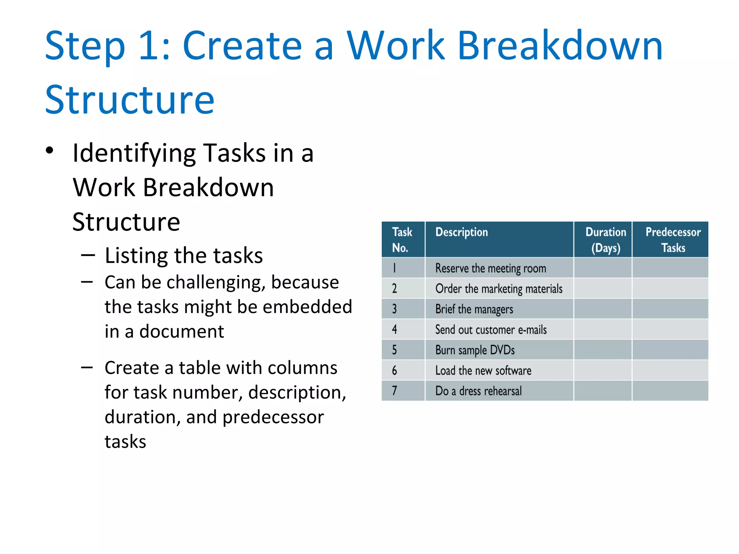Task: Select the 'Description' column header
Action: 462,232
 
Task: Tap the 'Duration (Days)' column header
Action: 605,240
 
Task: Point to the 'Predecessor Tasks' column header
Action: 673,240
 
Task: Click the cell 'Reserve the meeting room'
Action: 490,268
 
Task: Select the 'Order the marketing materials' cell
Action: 499,289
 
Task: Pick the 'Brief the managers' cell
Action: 474,309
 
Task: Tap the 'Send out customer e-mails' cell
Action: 491,330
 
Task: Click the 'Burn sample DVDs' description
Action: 475,350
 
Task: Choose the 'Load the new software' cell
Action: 483,371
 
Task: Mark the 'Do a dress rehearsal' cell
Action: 478,391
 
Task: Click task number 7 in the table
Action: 394,391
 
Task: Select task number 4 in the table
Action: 394,330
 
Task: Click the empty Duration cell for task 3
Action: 603,309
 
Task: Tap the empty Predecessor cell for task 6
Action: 670,370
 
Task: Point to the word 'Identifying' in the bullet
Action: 134,153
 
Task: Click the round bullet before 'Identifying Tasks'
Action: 50,151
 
